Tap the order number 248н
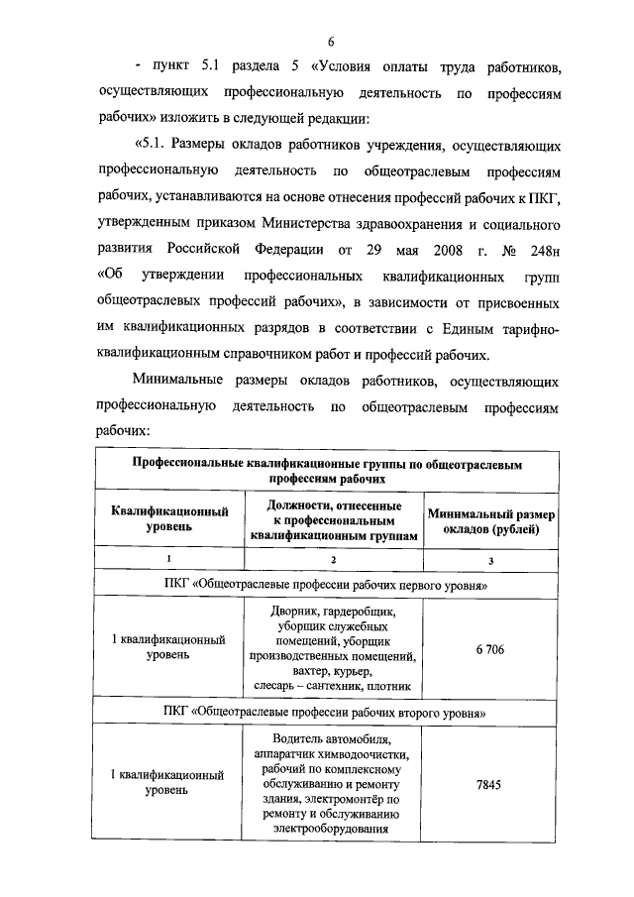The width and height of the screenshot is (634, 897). pos(540,245)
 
